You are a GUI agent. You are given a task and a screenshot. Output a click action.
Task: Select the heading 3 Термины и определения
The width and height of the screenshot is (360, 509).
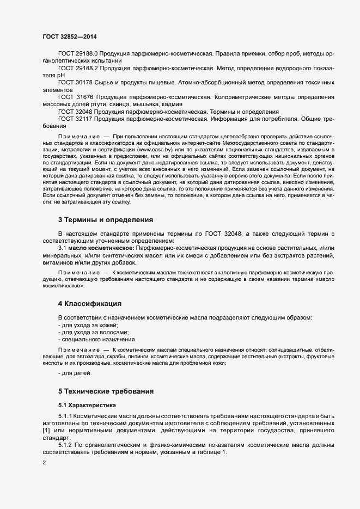pos(106,220)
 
